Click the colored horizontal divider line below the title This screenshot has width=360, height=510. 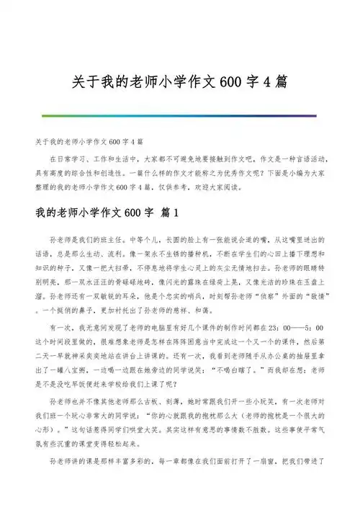(x=179, y=114)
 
